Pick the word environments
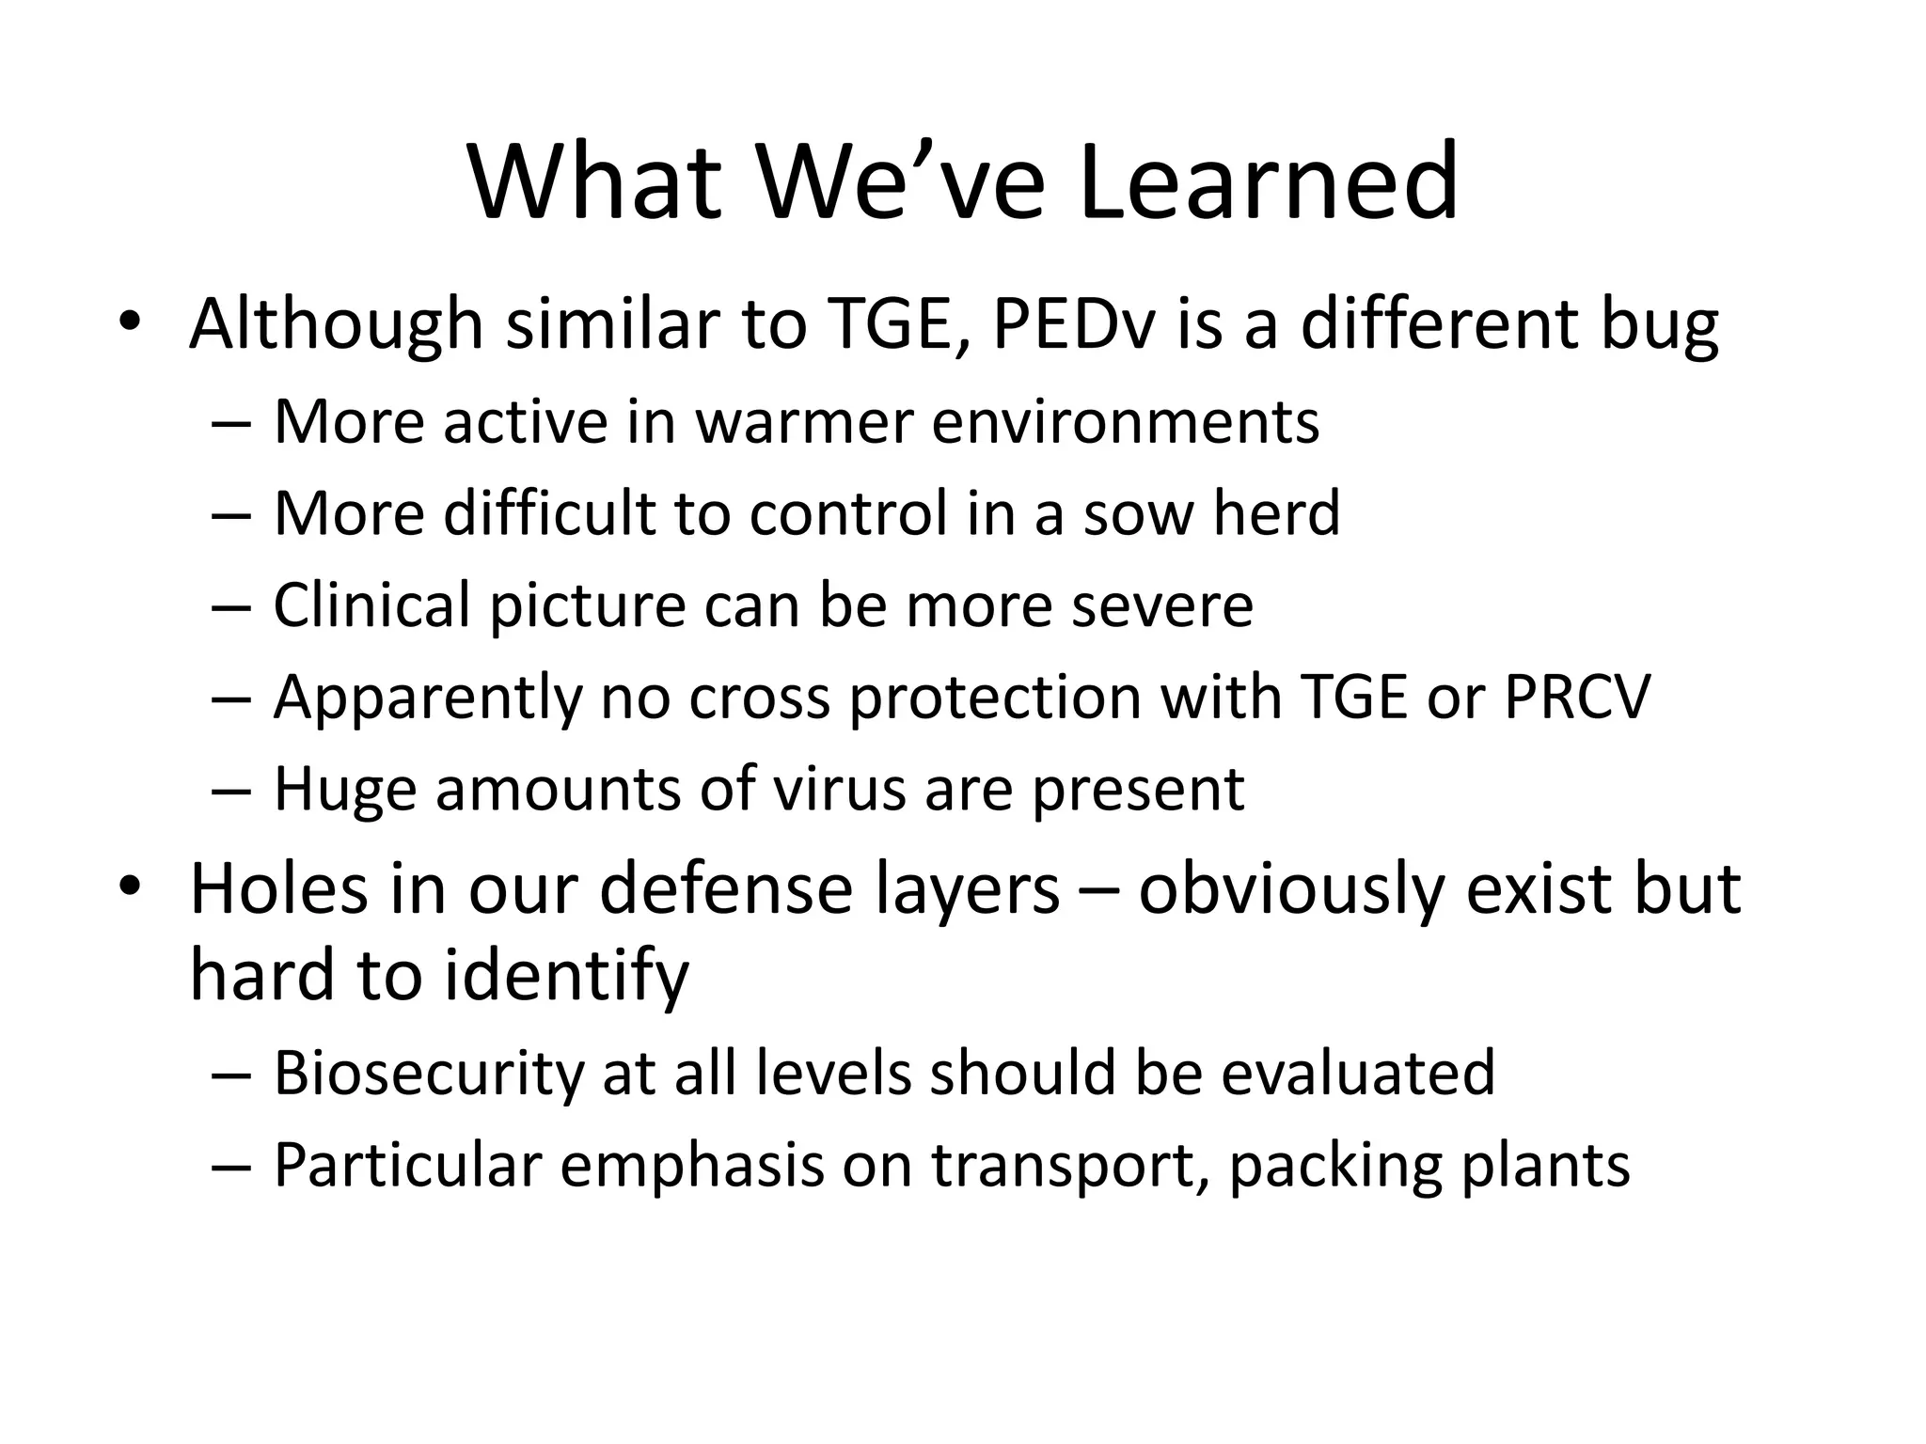[x=1126, y=422]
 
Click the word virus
[x=838, y=789]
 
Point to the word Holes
[x=278, y=888]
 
